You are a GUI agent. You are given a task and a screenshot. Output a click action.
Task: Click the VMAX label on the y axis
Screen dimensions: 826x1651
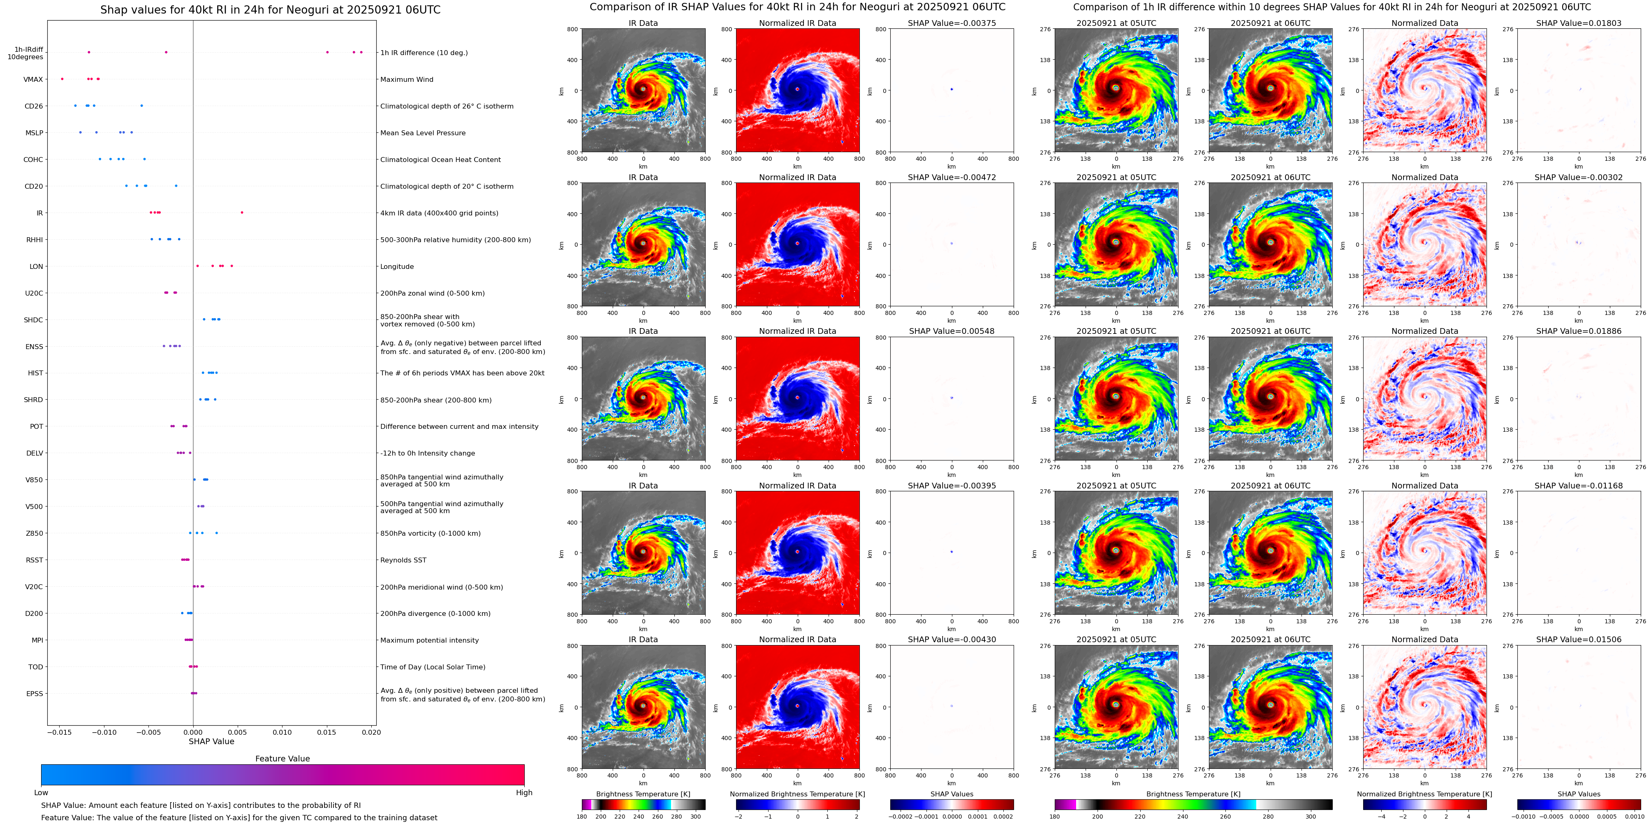click(33, 79)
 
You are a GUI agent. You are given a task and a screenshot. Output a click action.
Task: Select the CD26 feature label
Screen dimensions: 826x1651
click(34, 106)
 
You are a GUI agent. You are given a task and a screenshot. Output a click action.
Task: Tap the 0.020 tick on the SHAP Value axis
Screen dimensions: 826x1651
click(371, 732)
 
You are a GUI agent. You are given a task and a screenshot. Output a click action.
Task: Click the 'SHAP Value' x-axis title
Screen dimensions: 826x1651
click(211, 741)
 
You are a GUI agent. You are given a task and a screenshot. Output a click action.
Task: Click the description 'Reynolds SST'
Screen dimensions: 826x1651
click(403, 560)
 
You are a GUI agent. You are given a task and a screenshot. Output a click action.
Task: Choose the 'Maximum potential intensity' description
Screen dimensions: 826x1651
click(429, 640)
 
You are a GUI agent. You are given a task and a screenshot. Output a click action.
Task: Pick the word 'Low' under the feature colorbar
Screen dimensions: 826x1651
click(41, 793)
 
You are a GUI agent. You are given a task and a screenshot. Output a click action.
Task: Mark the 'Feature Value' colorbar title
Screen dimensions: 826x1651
click(282, 759)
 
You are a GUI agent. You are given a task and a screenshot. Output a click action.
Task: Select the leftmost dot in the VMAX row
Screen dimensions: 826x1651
click(62, 79)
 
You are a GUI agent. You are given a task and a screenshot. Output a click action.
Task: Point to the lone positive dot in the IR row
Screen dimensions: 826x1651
click(242, 213)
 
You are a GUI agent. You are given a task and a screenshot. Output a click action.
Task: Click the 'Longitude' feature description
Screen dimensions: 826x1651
click(397, 266)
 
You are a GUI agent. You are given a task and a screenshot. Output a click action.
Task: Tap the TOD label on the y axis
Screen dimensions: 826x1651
click(36, 667)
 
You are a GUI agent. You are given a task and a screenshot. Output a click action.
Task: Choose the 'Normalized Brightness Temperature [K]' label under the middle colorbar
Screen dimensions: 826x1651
click(797, 794)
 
